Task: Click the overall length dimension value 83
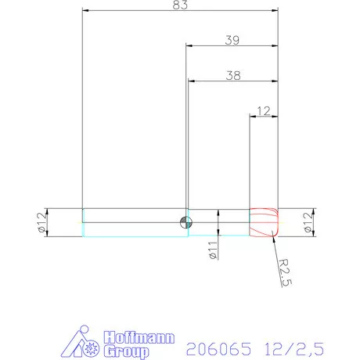pos(180,5)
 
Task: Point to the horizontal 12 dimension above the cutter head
pos(264,111)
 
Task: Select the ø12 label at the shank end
pos(39,222)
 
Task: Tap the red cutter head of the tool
pos(264,222)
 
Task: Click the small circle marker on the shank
pos(185,221)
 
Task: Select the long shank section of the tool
pos(133,221)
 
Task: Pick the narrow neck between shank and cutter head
pos(219,222)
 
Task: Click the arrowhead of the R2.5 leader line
pos(274,236)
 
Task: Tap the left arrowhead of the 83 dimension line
pos(85,12)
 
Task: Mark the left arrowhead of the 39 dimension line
pos(189,45)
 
